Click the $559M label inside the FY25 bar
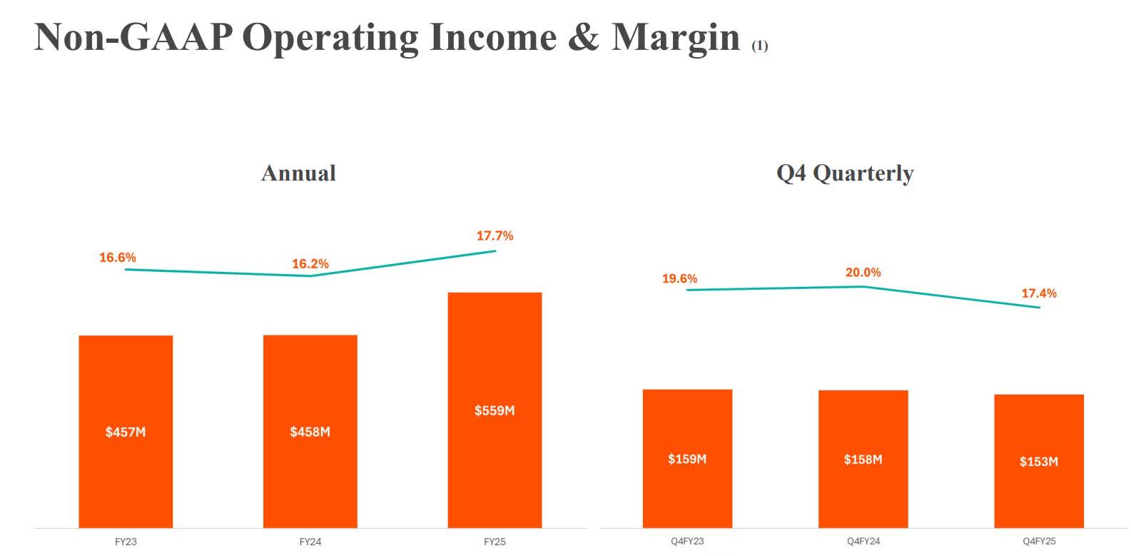(x=495, y=410)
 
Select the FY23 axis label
(x=126, y=542)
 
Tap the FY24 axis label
(x=310, y=542)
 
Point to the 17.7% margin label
(x=495, y=236)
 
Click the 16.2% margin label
(x=310, y=264)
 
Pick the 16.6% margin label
(x=118, y=258)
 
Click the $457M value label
(x=126, y=432)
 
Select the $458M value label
(x=310, y=432)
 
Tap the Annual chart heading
(x=298, y=173)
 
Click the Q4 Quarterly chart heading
(x=845, y=173)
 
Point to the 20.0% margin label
(x=863, y=273)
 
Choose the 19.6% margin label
(x=679, y=279)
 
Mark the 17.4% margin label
(x=1039, y=293)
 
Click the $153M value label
(x=1039, y=462)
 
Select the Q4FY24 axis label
(x=863, y=542)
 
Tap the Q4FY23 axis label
(x=687, y=542)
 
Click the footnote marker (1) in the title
(x=759, y=46)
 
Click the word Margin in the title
(x=676, y=37)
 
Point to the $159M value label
(x=687, y=459)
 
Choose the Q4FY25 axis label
(x=1039, y=542)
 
